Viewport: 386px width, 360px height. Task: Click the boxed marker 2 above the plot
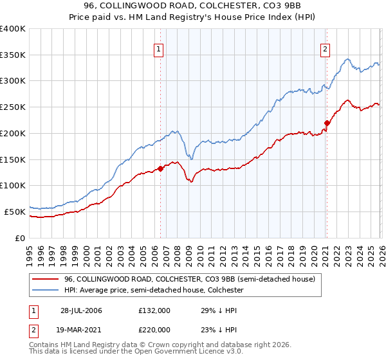point(326,48)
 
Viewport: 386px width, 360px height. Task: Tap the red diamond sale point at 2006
point(160,169)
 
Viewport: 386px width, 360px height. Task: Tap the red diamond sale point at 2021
point(327,123)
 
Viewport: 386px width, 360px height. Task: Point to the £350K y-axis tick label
point(13,55)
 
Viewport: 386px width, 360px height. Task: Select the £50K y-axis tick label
point(15,212)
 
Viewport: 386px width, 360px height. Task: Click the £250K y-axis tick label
point(13,107)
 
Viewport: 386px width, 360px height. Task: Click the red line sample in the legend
point(45,280)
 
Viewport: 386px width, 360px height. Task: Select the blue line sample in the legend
point(45,291)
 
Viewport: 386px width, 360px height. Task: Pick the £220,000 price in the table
point(154,329)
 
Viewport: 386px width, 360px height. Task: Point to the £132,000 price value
point(154,310)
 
